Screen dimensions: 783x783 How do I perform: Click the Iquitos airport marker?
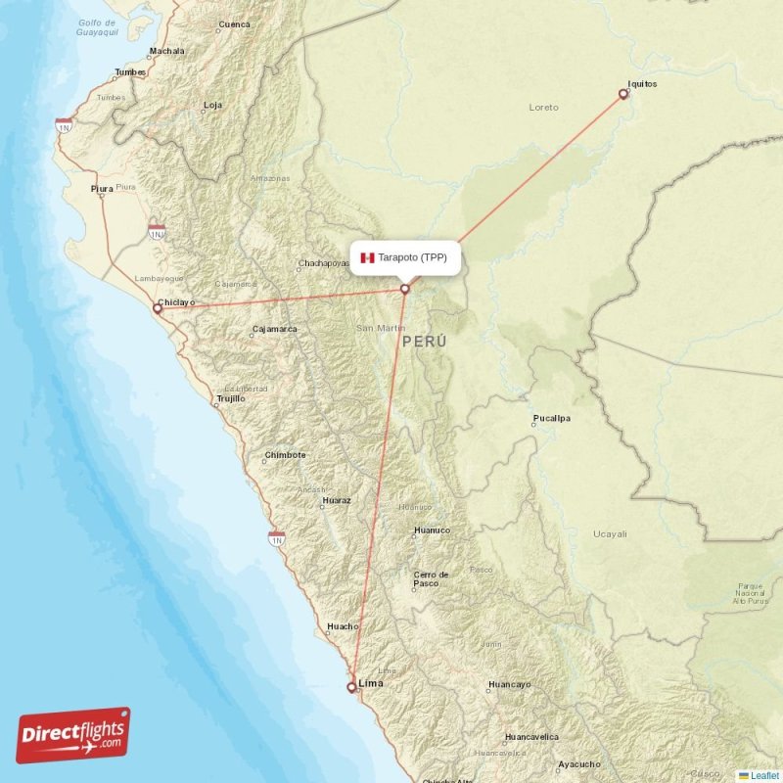point(623,94)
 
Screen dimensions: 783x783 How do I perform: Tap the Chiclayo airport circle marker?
point(157,308)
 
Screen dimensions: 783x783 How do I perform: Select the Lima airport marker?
point(351,687)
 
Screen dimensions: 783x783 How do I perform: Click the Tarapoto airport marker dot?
point(404,289)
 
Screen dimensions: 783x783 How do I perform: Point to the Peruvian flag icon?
point(367,257)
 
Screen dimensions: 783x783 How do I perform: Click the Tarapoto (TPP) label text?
point(412,257)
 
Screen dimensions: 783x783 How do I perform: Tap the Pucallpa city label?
point(551,419)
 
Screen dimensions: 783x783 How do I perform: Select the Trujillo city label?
point(231,398)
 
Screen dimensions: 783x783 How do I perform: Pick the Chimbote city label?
point(286,455)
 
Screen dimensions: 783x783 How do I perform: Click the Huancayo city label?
point(509,684)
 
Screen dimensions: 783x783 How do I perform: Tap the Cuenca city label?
point(235,23)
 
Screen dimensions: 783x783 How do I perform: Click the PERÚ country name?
point(424,342)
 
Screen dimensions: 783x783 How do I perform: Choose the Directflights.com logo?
point(73,735)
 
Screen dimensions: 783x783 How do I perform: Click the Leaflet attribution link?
point(764,775)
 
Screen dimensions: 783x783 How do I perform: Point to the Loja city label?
point(212,105)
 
